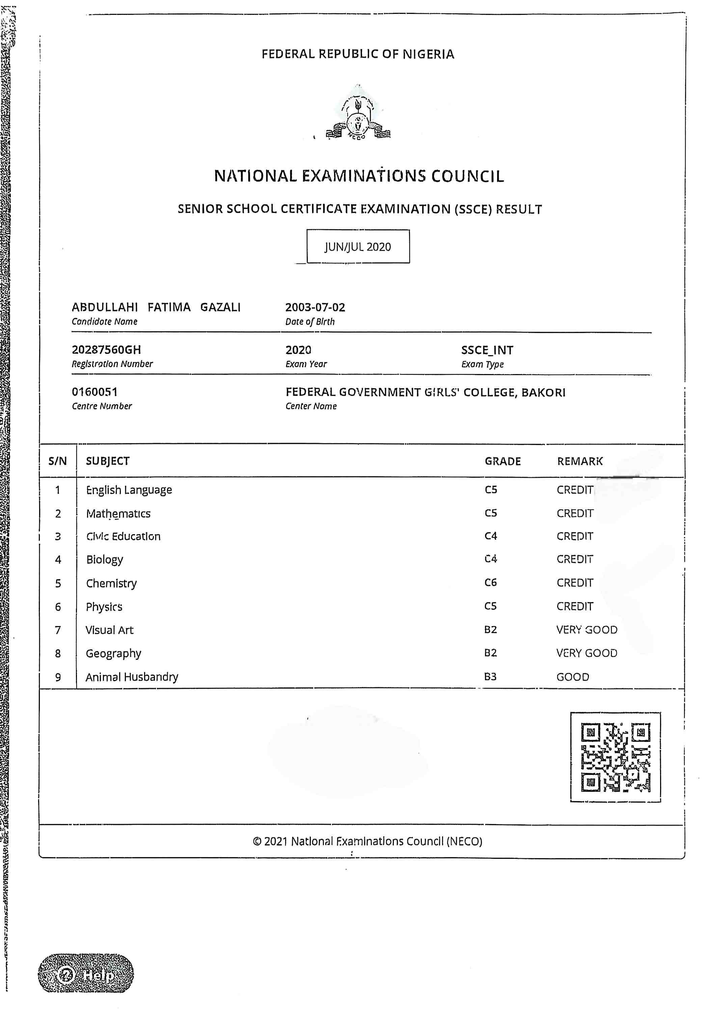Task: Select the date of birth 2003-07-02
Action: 315,307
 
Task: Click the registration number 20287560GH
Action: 106,350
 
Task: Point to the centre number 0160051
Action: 94,392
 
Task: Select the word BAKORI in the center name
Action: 543,392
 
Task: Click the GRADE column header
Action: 502,461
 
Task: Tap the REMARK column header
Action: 579,461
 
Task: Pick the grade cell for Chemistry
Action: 490,583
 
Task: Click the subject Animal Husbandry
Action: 132,677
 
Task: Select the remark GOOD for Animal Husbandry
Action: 572,677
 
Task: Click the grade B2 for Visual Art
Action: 490,630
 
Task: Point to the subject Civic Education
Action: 123,536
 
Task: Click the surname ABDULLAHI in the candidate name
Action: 105,307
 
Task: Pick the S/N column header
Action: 57,461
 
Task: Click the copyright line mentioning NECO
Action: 368,841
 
